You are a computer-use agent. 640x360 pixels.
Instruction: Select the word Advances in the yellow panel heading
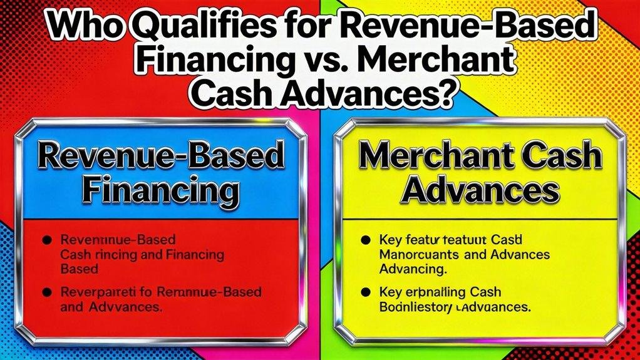tap(481, 188)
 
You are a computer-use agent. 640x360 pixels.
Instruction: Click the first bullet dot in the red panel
tap(48, 240)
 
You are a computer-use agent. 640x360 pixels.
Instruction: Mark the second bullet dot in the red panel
tap(48, 292)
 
